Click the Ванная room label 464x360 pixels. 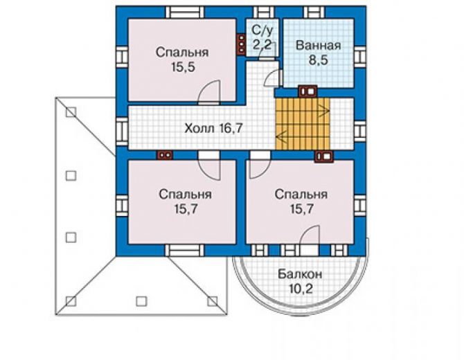click(318, 46)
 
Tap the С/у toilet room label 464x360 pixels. click(262, 30)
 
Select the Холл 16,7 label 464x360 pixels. click(214, 128)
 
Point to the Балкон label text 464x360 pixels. click(300, 274)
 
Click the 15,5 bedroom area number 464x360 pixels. click(183, 67)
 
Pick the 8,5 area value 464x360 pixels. click(319, 60)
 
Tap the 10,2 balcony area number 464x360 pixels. click(301, 289)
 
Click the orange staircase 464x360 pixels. click(303, 124)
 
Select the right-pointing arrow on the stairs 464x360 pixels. click(323, 111)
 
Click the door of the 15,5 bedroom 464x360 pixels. click(209, 92)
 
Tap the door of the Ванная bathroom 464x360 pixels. click(272, 78)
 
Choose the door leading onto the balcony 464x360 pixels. click(310, 240)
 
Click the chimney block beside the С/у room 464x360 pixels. click(242, 45)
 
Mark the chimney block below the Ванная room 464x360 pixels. click(307, 91)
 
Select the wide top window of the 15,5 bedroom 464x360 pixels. click(185, 12)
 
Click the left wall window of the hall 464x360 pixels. click(122, 132)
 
